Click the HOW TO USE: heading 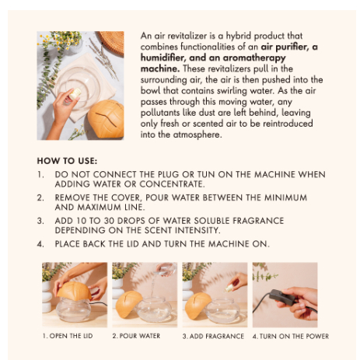tap(67, 161)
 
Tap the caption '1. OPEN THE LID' tap(68, 336)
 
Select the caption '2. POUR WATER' tap(136, 336)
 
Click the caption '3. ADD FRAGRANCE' tap(213, 336)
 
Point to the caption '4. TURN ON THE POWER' tap(291, 336)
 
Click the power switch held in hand tap(281, 296)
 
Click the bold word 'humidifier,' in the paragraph tap(163, 58)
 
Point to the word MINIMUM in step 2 tap(285, 197)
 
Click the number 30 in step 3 tap(109, 221)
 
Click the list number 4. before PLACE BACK tap(40, 244)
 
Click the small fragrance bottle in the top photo tap(75, 93)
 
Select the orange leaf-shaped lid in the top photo tap(106, 118)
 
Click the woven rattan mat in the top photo tap(112, 42)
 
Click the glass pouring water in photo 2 tap(166, 269)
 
